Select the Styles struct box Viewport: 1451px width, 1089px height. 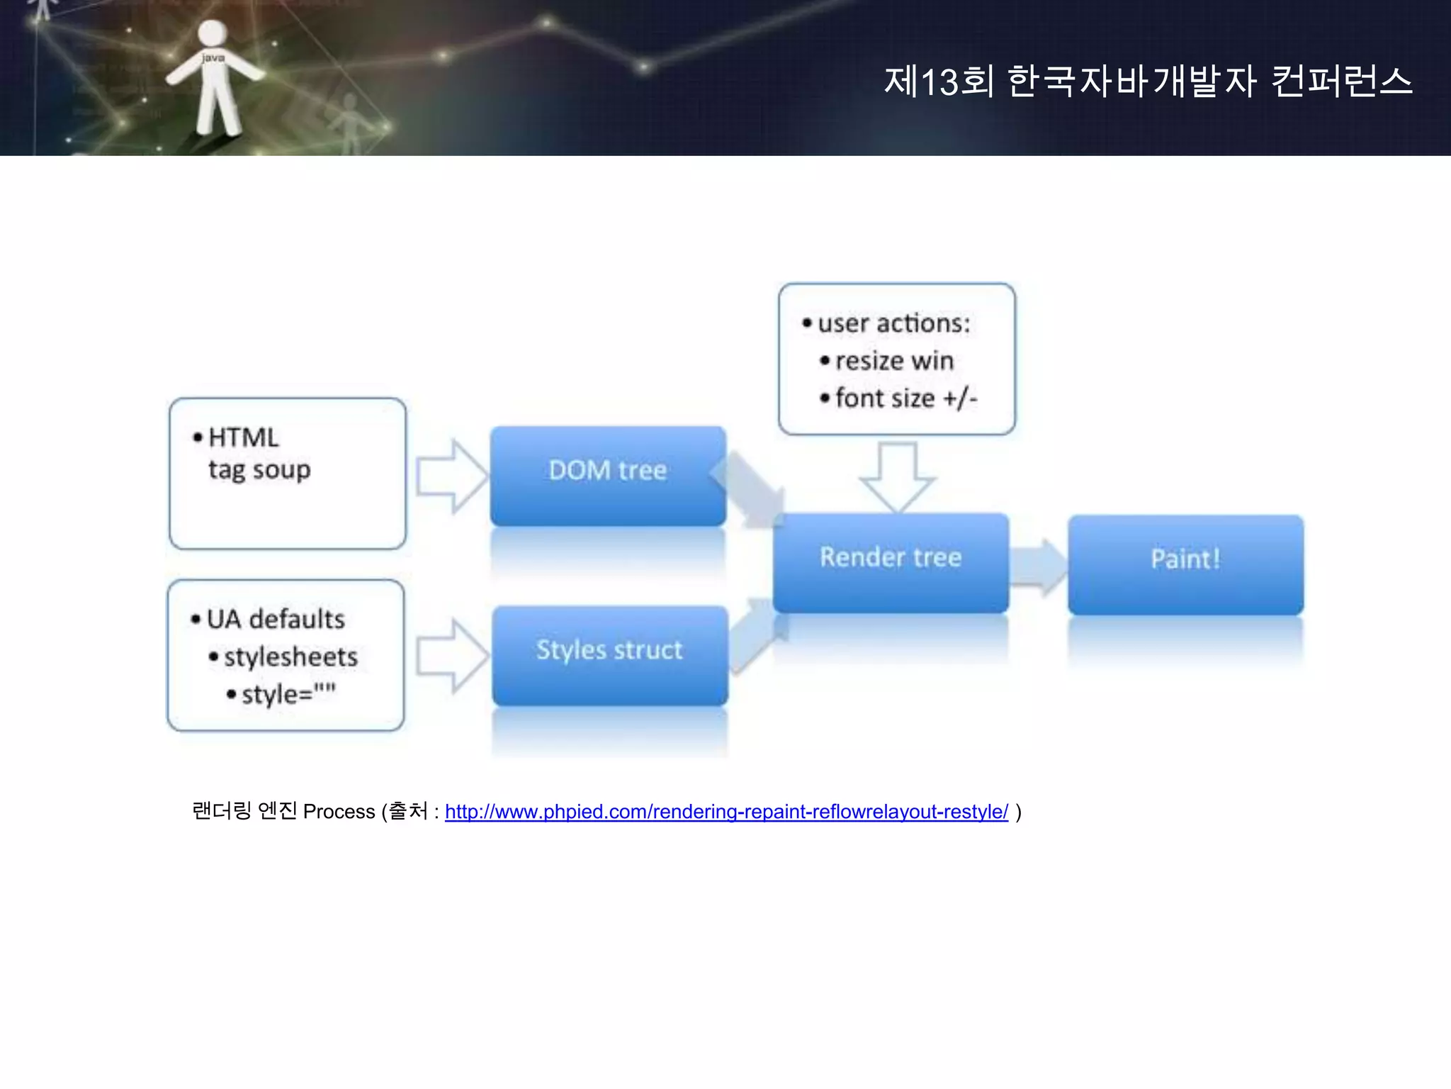(x=609, y=654)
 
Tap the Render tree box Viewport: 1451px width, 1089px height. (x=891, y=562)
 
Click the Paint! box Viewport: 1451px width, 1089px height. (x=1185, y=563)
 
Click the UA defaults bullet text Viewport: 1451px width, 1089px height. (x=276, y=620)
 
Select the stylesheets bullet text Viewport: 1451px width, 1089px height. (x=290, y=657)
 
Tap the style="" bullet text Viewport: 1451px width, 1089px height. (x=288, y=694)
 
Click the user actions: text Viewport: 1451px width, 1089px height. (x=893, y=324)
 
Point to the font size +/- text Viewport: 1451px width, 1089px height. (x=906, y=399)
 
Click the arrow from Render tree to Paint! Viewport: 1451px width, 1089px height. (x=1039, y=566)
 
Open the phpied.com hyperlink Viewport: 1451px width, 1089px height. (x=725, y=812)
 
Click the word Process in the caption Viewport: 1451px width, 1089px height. (x=339, y=812)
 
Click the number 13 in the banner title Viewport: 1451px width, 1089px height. (x=940, y=82)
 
